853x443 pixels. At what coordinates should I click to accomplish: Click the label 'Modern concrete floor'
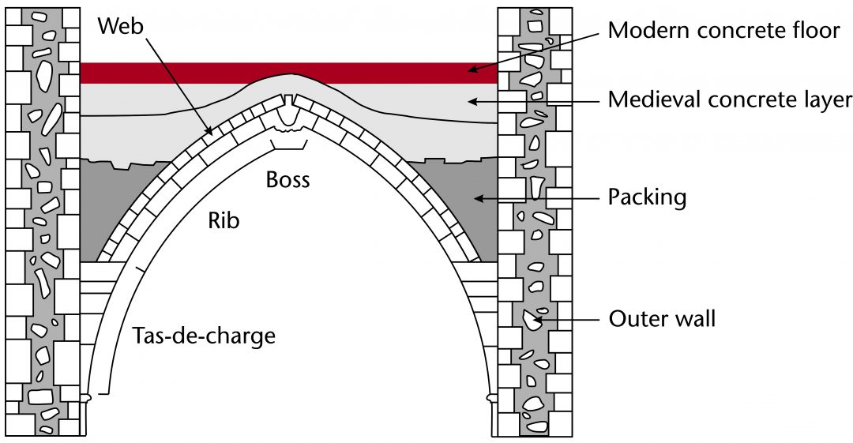tap(723, 31)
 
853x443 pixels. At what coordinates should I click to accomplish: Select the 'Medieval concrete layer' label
tap(730, 100)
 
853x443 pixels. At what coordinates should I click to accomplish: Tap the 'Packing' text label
tap(647, 197)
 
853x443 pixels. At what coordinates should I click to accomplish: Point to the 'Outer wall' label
tap(662, 319)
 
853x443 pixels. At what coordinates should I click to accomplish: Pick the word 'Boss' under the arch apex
tap(287, 180)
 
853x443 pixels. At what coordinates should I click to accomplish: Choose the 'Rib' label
tap(224, 220)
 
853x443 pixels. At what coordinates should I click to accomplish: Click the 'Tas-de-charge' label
tap(203, 336)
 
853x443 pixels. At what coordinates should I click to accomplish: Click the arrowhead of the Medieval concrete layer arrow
tap(471, 100)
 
